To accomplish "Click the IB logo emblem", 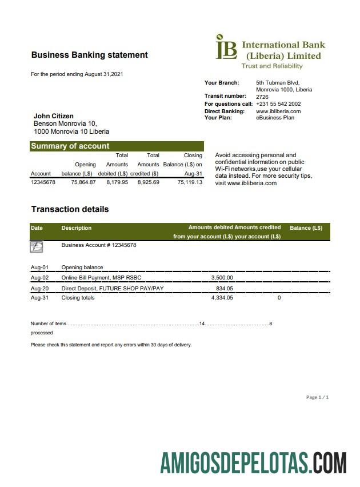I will pos(226,47).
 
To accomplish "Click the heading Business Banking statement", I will pos(89,55).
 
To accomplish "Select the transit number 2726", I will pos(262,97).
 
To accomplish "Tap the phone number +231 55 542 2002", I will pos(278,104).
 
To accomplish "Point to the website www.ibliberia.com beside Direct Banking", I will pos(278,111).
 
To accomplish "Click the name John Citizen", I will pos(54,116).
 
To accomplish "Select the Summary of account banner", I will pos(117,146).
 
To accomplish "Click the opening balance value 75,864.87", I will pos(83,182).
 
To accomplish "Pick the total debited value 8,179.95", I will pos(117,182).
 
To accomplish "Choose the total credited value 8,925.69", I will pos(148,182).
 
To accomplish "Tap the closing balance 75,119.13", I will pos(190,182).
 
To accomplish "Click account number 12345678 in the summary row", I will pos(43,182).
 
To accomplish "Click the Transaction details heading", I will pos(70,209).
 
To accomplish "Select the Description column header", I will pos(76,228).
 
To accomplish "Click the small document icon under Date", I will pos(36,247).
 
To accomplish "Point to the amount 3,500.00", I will pos(222,278).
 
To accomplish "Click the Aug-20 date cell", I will pos(39,289).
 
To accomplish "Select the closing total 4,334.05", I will pos(222,298).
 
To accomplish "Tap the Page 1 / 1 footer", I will pos(317,397).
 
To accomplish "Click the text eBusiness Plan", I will pos(275,118).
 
